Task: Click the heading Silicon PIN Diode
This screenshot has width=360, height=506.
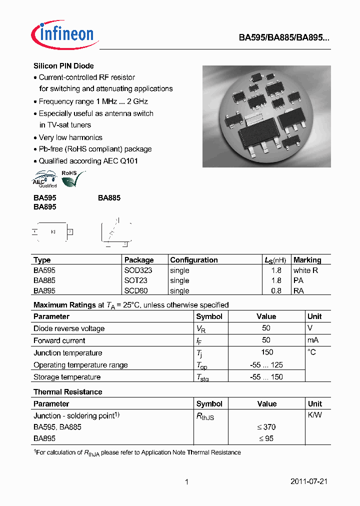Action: (63, 66)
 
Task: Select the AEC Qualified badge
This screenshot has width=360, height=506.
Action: (45, 179)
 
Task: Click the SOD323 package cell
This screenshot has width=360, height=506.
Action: (138, 270)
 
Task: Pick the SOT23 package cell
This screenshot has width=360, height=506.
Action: (135, 280)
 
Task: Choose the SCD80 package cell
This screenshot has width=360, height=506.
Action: (136, 290)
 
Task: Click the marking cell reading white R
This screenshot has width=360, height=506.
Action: (305, 270)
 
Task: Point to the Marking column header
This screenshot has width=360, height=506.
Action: (307, 260)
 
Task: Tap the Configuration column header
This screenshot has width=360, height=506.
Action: (194, 260)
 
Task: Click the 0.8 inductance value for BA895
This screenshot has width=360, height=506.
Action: (276, 290)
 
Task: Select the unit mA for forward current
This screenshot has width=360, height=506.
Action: (313, 340)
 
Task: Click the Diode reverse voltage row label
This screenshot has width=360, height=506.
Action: (69, 328)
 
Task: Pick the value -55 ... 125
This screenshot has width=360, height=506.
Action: (266, 365)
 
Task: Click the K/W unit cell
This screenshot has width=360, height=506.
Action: (314, 415)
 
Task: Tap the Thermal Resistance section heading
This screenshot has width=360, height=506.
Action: (67, 392)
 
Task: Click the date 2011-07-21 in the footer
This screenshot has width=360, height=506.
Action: (308, 482)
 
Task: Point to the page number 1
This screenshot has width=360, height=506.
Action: (186, 482)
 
